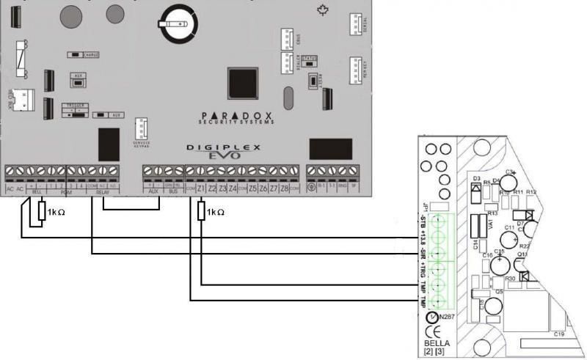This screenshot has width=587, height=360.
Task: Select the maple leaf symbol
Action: tap(321, 10)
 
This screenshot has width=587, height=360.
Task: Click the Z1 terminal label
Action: tap(201, 188)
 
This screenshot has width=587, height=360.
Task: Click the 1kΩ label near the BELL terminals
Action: tap(57, 213)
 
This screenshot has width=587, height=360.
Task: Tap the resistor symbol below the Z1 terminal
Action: tap(200, 211)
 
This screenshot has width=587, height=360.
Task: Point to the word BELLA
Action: tap(437, 343)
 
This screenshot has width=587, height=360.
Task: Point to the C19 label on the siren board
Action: tap(558, 334)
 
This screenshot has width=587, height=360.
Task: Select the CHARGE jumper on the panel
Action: tap(82, 54)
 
